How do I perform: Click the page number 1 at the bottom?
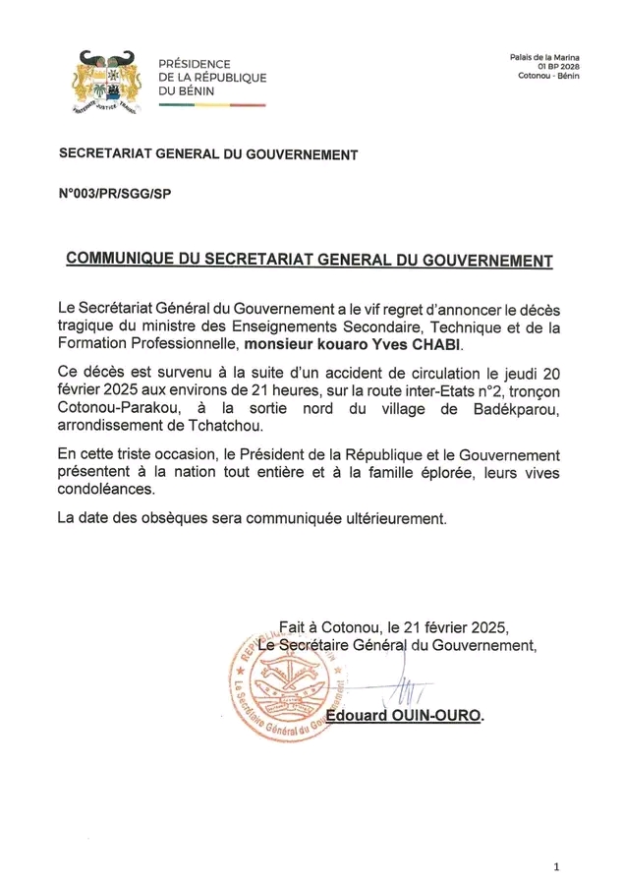pyautogui.click(x=556, y=866)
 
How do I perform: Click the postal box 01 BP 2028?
pyautogui.click(x=557, y=68)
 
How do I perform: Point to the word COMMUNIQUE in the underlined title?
pyautogui.click(x=122, y=260)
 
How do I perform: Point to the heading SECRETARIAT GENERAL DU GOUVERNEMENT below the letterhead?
pyautogui.click(x=208, y=153)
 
